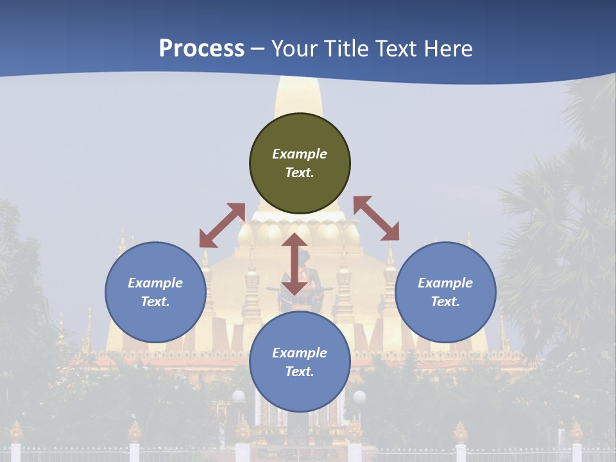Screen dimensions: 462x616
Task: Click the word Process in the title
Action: (x=201, y=48)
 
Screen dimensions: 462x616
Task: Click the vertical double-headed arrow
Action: (x=295, y=264)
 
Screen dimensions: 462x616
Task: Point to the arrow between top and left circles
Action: (x=222, y=225)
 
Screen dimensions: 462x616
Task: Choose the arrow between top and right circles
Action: (x=376, y=218)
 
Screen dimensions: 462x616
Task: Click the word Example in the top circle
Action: (x=300, y=154)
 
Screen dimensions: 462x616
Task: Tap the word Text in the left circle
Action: (x=155, y=302)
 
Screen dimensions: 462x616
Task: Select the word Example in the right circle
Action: (x=445, y=283)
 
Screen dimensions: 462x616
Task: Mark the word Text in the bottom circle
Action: (x=300, y=372)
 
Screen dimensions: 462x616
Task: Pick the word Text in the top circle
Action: (x=300, y=173)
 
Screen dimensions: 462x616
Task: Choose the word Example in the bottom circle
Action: (x=300, y=353)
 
